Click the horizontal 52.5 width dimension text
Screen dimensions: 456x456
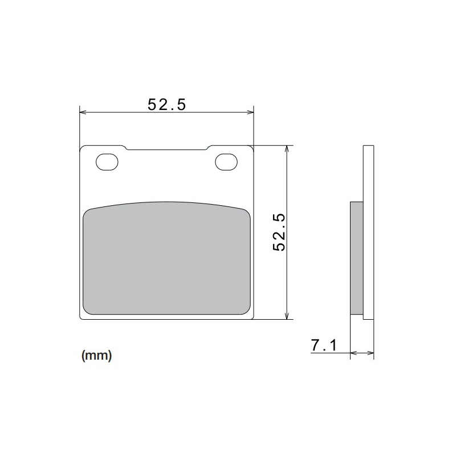(167, 104)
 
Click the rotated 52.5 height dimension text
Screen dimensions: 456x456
(280, 233)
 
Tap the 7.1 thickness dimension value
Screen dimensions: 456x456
(324, 345)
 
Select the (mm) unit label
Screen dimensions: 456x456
(96, 356)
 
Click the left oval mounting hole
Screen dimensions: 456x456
(107, 162)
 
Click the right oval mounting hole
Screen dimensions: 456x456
(226, 162)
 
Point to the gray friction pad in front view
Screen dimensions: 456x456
(167, 259)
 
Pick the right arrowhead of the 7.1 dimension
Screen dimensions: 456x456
(371, 354)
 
